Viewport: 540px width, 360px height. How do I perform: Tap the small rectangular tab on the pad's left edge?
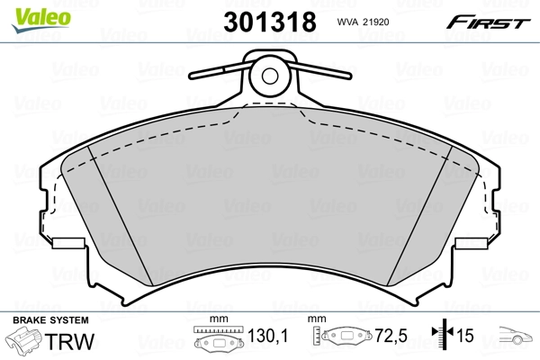pos(67,244)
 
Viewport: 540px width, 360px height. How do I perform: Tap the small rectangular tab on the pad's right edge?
pos(471,244)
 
